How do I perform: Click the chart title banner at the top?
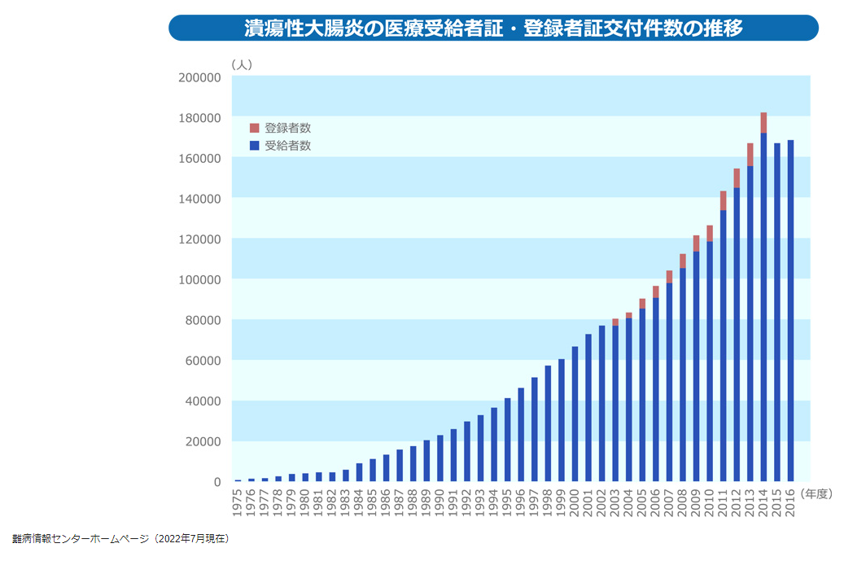pos(493,28)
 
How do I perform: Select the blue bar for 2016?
pos(790,309)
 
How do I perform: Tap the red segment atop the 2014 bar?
pos(763,122)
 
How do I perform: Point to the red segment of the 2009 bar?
pos(696,243)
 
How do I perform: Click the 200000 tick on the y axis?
pos(199,77)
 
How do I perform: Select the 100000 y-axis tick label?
pos(199,279)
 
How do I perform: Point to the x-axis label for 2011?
pos(723,506)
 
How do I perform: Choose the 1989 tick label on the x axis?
pos(426,506)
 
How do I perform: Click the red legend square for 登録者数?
pos(254,128)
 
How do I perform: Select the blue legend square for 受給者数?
pos(254,146)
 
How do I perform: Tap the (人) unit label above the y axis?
pos(242,64)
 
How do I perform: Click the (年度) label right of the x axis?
pos(817,493)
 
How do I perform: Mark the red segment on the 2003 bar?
pos(615,322)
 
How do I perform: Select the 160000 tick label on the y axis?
pos(199,158)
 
